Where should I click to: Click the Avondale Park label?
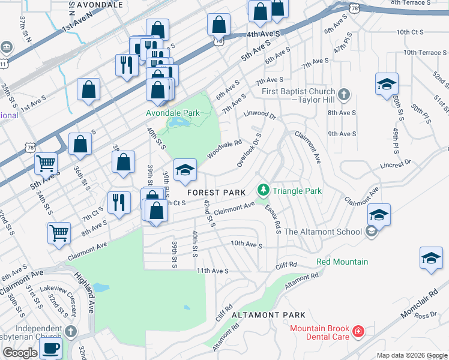point(173,112)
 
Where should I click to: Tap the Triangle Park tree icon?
point(263,191)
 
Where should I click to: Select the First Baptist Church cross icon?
point(343,94)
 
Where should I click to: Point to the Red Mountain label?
point(342,262)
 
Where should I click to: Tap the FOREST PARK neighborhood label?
point(216,193)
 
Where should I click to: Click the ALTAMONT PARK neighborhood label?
point(268,315)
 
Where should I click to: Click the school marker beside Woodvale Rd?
point(185,170)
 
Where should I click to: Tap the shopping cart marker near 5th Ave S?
point(46,163)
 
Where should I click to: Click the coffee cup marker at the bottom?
point(50,349)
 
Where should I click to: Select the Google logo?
point(19,353)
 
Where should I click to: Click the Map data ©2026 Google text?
point(412,355)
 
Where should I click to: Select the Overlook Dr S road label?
point(249,149)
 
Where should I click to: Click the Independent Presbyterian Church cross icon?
point(71,331)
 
